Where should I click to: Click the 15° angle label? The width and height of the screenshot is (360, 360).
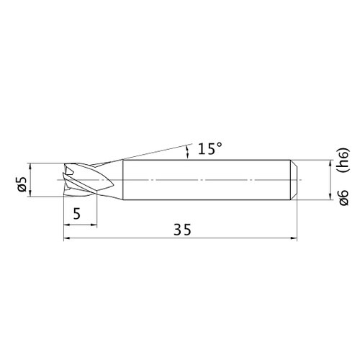(210, 148)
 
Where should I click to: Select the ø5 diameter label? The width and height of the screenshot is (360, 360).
(22, 184)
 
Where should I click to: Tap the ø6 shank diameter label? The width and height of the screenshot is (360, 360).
(343, 197)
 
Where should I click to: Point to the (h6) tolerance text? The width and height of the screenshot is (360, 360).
(343, 161)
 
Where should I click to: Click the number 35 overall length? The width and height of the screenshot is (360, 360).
(182, 230)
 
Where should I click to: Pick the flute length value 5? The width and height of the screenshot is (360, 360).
(77, 214)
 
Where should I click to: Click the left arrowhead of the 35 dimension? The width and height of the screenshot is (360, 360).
(67, 238)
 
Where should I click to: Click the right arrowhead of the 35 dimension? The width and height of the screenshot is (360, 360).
(294, 238)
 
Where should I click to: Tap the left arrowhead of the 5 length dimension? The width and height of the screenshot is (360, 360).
(67, 225)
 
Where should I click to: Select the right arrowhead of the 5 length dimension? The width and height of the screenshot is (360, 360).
(94, 225)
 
